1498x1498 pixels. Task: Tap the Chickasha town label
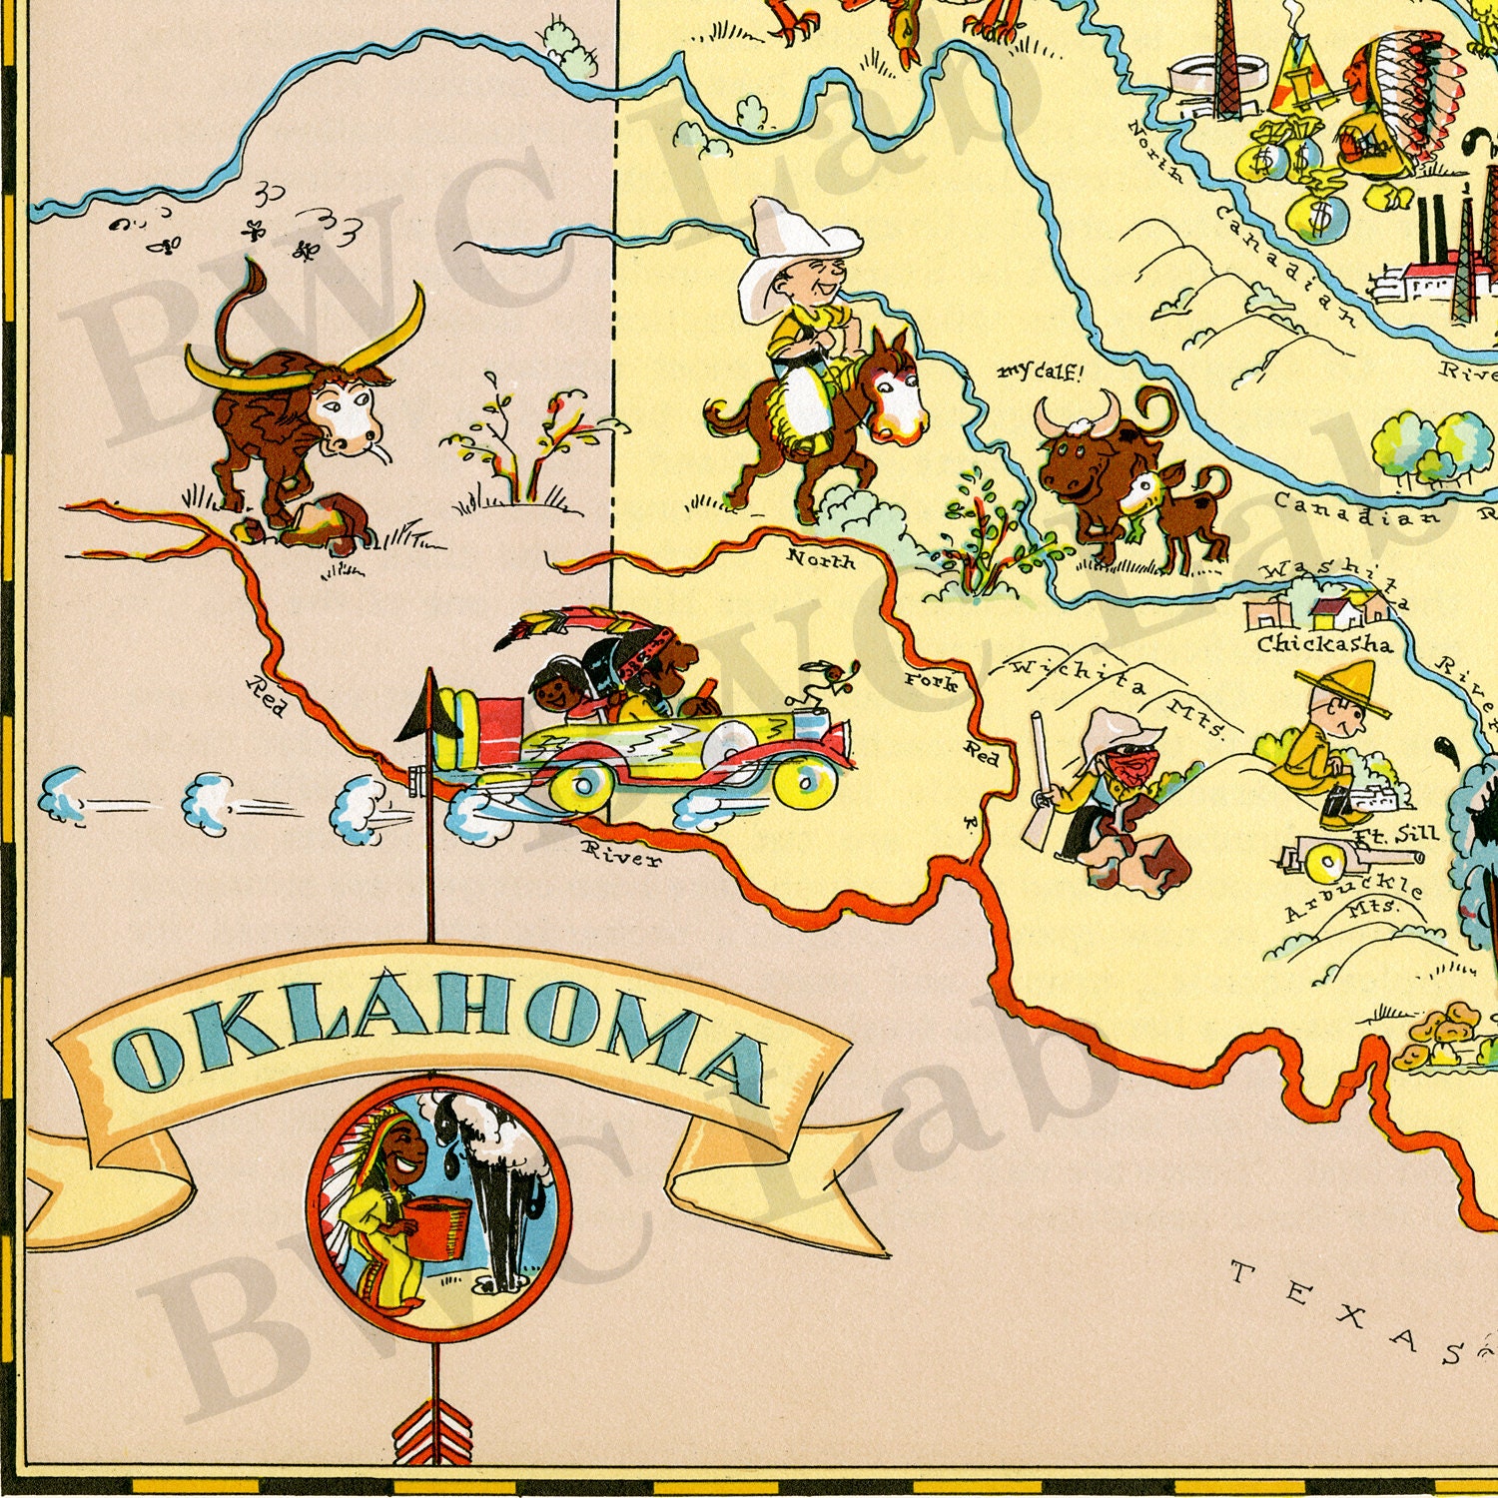pos(1323,643)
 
